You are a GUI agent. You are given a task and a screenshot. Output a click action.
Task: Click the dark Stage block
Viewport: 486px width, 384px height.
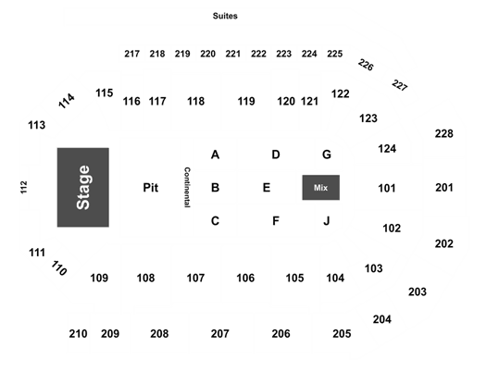(x=83, y=188)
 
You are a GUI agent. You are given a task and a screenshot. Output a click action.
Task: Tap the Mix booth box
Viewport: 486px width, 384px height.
(x=321, y=188)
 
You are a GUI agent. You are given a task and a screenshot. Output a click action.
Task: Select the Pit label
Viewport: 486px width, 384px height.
(x=151, y=188)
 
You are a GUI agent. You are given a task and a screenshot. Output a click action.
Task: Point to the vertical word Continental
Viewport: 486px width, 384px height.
(x=187, y=187)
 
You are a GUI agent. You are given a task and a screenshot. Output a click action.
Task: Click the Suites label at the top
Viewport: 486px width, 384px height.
(x=225, y=16)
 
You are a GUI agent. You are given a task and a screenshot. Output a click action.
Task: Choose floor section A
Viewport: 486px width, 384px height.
(x=215, y=155)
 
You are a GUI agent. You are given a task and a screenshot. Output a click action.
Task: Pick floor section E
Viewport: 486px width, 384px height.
(x=267, y=188)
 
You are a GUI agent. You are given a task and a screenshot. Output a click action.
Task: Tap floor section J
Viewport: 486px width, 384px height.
(x=327, y=221)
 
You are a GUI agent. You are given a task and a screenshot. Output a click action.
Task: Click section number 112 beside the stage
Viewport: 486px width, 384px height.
(x=24, y=187)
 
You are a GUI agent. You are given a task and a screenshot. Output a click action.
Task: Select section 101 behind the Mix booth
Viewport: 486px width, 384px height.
(x=387, y=188)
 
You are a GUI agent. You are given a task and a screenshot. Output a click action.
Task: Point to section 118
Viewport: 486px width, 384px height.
(x=196, y=102)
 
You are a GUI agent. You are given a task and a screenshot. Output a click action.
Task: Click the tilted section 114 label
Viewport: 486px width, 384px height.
(x=67, y=101)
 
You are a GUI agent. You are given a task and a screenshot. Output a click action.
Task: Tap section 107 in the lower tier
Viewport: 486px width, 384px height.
(x=195, y=278)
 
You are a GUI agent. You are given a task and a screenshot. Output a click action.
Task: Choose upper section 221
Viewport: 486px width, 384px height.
(x=233, y=54)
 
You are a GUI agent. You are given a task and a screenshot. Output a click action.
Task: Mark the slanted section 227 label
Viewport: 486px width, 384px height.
(x=400, y=85)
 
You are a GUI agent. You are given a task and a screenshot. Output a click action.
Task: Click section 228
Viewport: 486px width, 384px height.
(x=444, y=133)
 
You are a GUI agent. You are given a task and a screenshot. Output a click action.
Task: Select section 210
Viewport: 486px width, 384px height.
(x=78, y=334)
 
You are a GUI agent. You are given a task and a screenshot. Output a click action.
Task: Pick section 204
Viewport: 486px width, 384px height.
(x=382, y=319)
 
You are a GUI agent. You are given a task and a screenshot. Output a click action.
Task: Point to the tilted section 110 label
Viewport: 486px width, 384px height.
(x=59, y=268)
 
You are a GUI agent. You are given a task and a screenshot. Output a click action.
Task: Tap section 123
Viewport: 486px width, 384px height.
(x=368, y=118)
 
